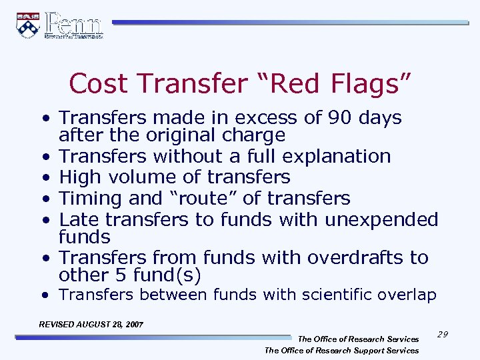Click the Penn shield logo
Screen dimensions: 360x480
click(x=28, y=25)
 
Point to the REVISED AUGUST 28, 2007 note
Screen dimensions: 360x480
click(x=91, y=324)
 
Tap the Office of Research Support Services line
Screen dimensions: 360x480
click(x=341, y=350)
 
